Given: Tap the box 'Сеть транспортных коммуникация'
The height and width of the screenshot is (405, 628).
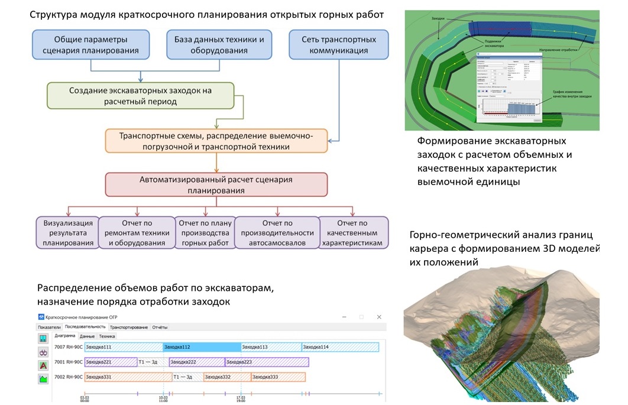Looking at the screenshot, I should (x=339, y=45).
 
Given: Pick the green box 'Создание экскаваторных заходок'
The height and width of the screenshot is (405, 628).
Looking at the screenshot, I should (x=140, y=96).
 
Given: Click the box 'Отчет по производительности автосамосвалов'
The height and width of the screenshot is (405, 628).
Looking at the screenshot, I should (x=277, y=232).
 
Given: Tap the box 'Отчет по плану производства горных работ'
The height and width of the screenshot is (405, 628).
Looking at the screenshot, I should (x=204, y=232).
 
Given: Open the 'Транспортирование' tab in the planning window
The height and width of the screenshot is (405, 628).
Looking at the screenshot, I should (x=128, y=327).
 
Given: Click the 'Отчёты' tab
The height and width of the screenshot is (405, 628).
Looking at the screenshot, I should (x=160, y=327).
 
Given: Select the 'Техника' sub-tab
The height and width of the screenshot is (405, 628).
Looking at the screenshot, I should (x=107, y=336).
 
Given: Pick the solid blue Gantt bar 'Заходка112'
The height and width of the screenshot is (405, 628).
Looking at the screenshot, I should (x=202, y=347).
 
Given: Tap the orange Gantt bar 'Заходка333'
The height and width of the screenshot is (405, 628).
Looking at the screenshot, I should (x=279, y=377).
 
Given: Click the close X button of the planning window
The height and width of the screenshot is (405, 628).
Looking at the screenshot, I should (x=378, y=317).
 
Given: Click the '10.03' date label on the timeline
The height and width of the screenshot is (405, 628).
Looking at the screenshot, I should (x=163, y=398).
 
